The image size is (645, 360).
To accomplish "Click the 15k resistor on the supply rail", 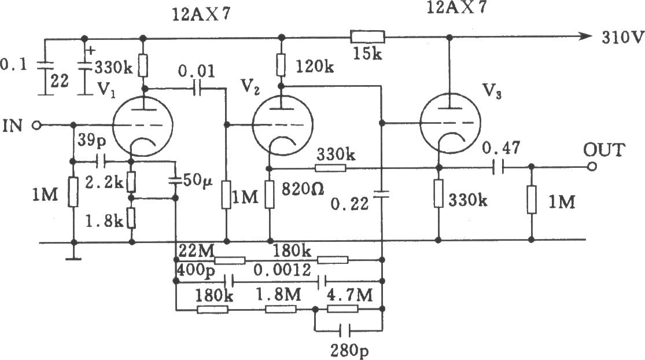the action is (x=367, y=37).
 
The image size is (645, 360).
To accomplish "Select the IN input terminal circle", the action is (x=37, y=125).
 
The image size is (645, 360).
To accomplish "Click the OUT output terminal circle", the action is (x=592, y=167).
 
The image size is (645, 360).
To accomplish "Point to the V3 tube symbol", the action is (x=450, y=123).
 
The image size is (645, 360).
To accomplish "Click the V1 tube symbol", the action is (x=142, y=125).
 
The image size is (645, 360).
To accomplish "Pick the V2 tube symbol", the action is (x=282, y=124).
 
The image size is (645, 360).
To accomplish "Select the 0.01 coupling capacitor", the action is (x=197, y=88).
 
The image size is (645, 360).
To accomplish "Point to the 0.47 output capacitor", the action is (x=496, y=167).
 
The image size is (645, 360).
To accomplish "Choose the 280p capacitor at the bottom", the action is (x=345, y=330).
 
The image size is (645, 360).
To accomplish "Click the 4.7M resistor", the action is (x=342, y=308).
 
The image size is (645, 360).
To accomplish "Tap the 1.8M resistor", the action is (x=281, y=308).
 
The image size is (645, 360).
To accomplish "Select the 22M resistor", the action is (x=230, y=260).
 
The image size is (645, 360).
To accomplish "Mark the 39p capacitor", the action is (x=101, y=161).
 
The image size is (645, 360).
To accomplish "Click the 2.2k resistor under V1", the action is (x=131, y=181).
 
